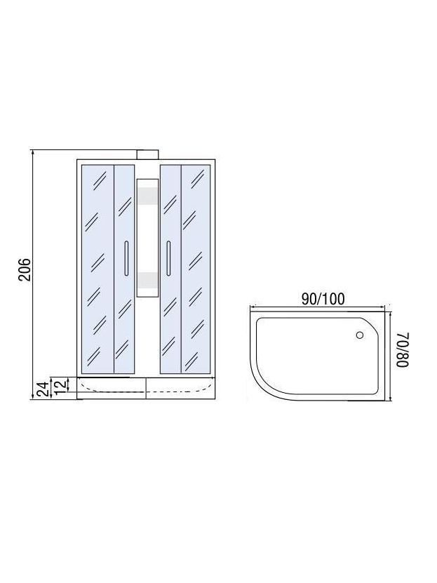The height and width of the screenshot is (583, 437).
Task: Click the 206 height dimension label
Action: coord(25,269)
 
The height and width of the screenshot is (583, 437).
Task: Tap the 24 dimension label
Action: coord(43,389)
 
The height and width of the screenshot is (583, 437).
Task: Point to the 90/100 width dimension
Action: coord(323,299)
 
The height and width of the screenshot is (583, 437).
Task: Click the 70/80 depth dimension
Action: coord(403,349)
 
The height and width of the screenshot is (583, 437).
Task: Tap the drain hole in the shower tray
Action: coord(359,335)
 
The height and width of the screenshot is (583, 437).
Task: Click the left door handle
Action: coord(126,258)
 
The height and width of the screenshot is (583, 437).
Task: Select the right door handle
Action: coord(168,258)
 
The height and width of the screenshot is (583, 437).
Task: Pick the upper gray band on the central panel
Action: coord(147,196)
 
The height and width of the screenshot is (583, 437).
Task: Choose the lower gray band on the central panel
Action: coord(147,281)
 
